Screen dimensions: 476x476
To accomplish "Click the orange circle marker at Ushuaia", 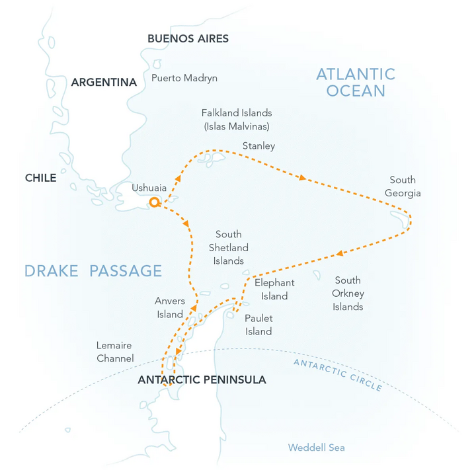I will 154,202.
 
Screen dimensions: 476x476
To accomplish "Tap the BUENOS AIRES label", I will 188,38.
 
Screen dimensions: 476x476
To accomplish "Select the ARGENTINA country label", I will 104,83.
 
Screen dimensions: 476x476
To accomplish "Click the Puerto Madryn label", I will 184,78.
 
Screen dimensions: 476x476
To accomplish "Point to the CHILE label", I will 40,178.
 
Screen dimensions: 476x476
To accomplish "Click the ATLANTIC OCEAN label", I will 355,82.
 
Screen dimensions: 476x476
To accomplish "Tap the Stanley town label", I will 258,145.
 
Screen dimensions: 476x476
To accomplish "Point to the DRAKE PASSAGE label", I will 93,270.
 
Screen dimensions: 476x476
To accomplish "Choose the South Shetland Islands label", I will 229,247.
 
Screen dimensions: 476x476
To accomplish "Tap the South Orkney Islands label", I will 348,294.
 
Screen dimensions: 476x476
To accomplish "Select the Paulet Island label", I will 258,325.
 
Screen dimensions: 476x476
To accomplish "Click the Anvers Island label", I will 170,307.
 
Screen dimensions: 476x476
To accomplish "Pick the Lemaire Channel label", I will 114,352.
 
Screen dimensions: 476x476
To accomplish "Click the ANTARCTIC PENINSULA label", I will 202,380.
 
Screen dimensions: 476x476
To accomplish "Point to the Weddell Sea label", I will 316,448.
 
